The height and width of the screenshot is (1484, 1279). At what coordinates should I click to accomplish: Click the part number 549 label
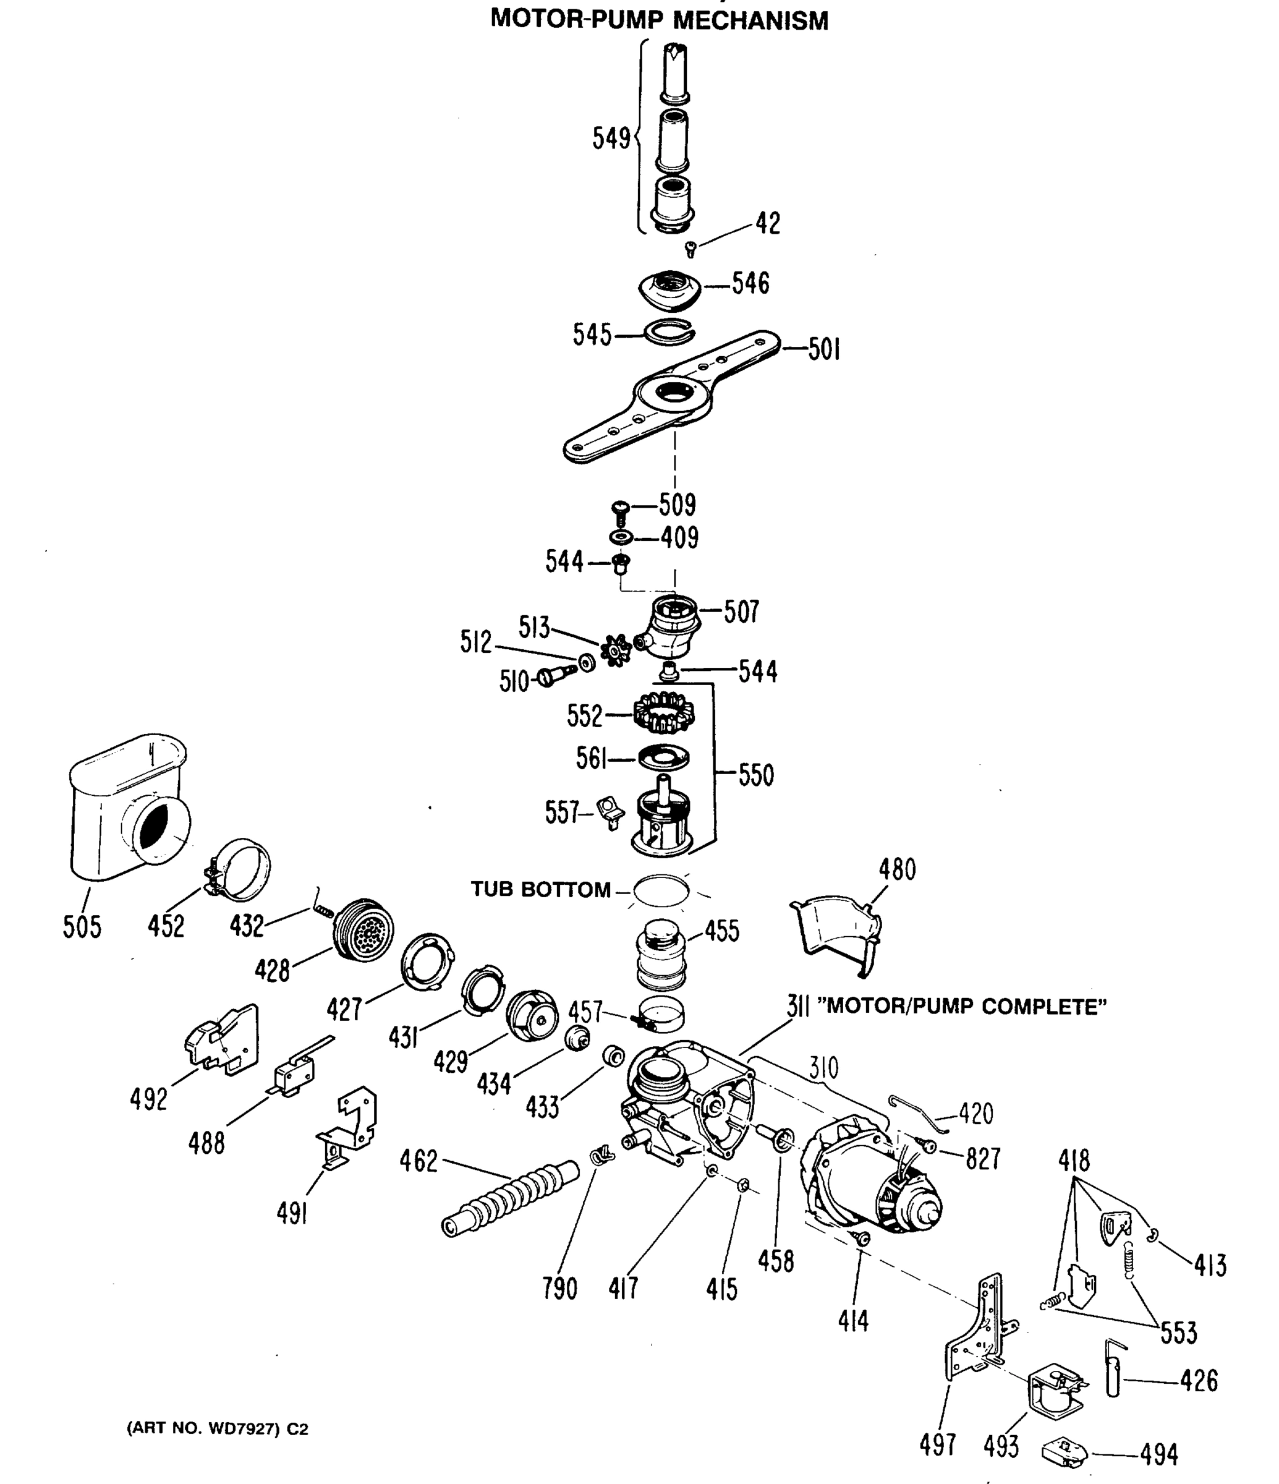pyautogui.click(x=611, y=139)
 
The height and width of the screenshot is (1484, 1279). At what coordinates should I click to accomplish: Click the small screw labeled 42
pyautogui.click(x=690, y=249)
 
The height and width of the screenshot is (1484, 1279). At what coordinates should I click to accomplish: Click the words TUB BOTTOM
pyautogui.click(x=541, y=890)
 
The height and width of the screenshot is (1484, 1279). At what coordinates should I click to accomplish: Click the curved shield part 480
pyautogui.click(x=838, y=931)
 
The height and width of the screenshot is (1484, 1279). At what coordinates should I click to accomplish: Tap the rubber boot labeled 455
pyautogui.click(x=661, y=953)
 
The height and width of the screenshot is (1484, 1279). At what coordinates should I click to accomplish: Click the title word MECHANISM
pyautogui.click(x=750, y=20)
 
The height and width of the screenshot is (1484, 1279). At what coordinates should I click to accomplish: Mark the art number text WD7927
pyautogui.click(x=243, y=1429)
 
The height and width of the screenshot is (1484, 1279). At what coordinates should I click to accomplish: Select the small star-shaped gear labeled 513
pyautogui.click(x=615, y=650)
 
